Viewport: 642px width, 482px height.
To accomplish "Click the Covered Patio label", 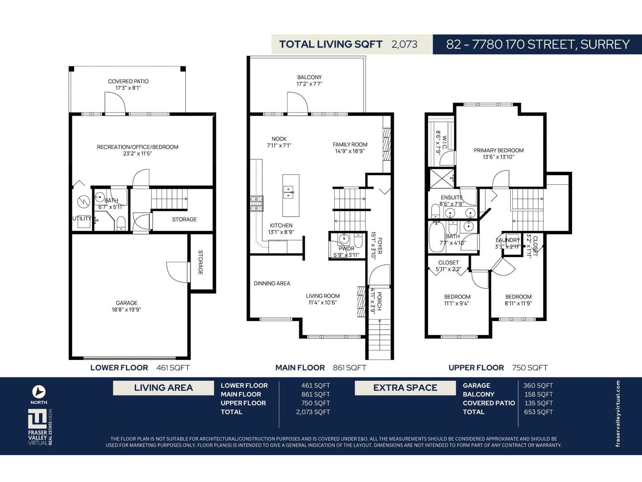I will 128,82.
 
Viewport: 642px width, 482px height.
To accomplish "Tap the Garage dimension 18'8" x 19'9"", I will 126,310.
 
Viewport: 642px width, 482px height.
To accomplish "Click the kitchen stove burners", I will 256,204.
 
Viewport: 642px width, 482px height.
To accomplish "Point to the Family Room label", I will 350,145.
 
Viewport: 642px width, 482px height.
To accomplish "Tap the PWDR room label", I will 346,249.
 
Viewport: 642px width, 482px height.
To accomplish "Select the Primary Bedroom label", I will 498,151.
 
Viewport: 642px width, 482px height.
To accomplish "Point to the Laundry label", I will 508,240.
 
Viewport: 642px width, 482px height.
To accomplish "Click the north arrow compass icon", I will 39,392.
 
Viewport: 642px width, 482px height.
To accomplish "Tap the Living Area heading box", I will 163,388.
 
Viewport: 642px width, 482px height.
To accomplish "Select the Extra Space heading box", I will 405,388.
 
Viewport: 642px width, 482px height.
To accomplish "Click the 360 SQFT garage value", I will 538,386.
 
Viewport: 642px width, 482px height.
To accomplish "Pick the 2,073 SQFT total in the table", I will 313,412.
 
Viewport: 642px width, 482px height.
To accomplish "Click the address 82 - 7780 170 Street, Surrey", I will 538,44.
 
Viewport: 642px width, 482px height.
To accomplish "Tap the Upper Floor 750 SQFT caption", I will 498,368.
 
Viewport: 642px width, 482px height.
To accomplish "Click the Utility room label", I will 81,219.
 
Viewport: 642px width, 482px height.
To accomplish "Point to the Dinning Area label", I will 272,284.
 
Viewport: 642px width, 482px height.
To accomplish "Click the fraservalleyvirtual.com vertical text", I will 618,414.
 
